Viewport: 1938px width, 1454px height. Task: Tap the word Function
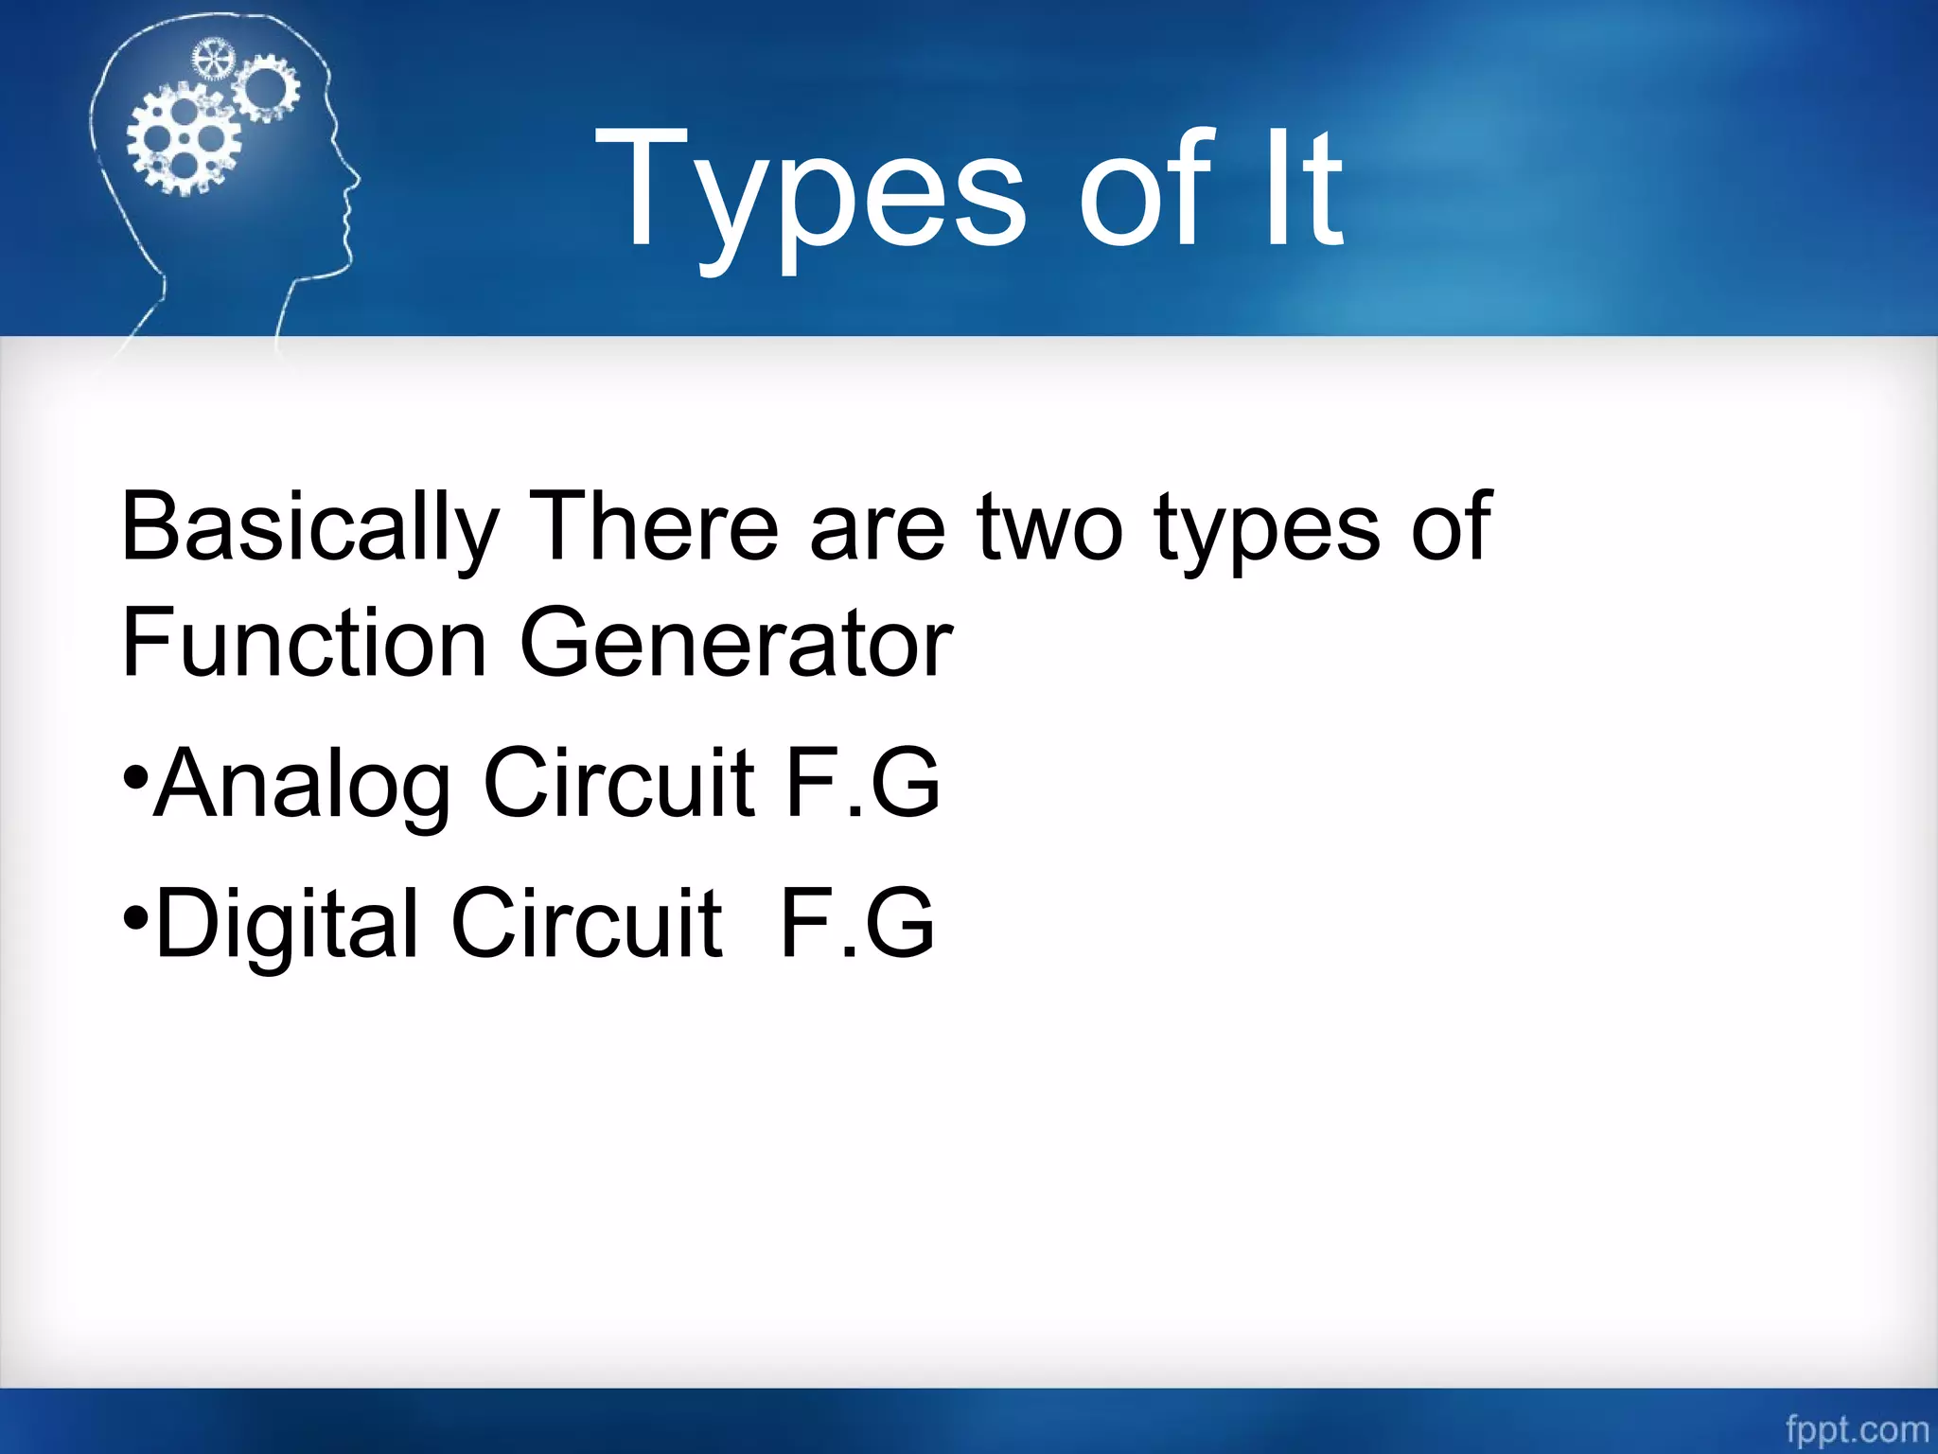304,644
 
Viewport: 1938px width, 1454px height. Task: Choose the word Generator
736,644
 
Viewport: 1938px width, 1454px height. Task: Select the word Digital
286,924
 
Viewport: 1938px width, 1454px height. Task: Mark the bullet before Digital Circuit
135,916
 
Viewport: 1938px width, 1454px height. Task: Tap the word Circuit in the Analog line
619,783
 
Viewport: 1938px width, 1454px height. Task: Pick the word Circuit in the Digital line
587,923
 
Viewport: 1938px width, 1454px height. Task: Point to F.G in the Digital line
857,923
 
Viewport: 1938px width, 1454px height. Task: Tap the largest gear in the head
184,140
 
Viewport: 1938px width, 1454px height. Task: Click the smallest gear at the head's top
212,60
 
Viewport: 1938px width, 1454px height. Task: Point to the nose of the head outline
356,178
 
